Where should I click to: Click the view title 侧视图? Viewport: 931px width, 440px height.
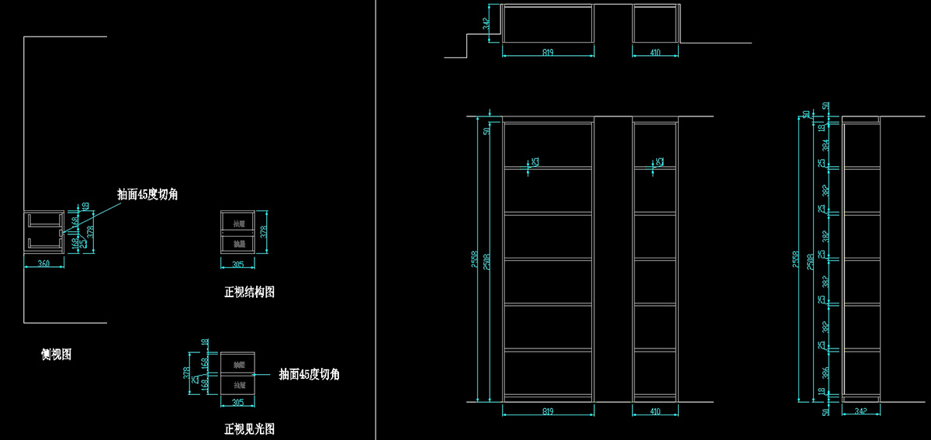[57, 355]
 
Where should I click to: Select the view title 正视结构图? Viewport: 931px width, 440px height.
[249, 293]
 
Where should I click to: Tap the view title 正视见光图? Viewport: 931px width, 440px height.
[249, 429]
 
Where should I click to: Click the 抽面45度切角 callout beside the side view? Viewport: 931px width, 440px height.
[147, 195]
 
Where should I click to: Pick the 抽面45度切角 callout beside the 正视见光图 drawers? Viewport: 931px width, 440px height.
[309, 375]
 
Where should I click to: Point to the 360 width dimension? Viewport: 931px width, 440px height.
[43, 265]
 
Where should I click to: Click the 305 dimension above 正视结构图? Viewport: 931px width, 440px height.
[237, 265]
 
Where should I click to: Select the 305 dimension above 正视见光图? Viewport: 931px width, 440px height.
[237, 403]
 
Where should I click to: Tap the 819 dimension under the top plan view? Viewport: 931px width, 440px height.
[548, 53]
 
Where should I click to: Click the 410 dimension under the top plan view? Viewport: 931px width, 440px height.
[656, 53]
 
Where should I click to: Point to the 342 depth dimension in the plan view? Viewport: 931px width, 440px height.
[486, 24]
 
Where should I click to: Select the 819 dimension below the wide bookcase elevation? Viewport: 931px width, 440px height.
[548, 411]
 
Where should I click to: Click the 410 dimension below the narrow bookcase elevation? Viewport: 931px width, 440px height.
[656, 411]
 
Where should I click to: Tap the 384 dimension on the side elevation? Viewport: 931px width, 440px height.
[824, 144]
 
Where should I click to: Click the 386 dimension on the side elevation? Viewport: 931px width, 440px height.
[824, 372]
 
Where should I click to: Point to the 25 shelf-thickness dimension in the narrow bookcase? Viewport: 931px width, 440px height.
[660, 162]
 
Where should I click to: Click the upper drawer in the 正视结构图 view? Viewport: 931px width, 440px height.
[238, 223]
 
